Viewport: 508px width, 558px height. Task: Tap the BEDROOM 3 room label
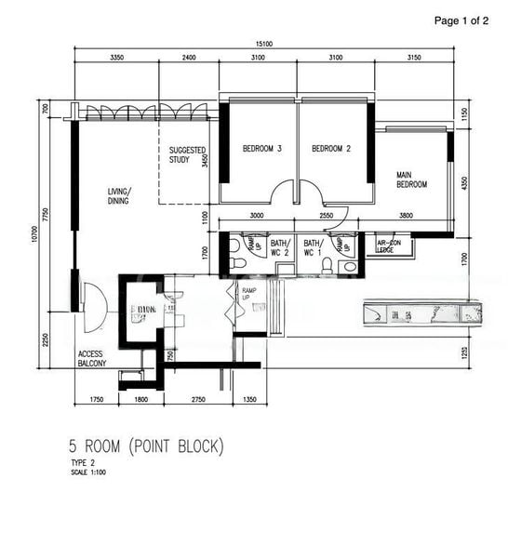tap(261, 149)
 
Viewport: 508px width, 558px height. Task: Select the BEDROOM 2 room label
tap(330, 149)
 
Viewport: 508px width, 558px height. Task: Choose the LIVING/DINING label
tap(118, 195)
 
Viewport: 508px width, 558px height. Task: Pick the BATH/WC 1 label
tap(313, 246)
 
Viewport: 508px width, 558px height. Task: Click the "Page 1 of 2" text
tap(461, 20)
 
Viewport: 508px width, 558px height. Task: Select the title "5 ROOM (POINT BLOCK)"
tap(145, 446)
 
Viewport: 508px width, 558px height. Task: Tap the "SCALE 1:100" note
tap(90, 472)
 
